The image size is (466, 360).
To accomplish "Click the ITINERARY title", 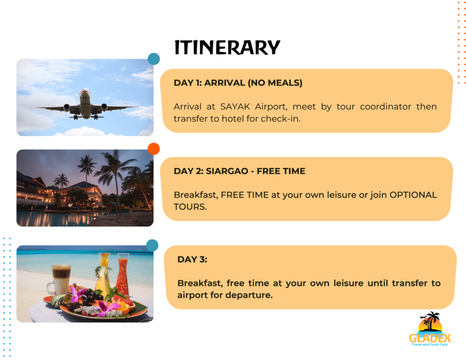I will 227,48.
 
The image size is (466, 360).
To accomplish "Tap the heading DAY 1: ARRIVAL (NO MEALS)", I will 238,83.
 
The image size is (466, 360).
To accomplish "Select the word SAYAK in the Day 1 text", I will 236,107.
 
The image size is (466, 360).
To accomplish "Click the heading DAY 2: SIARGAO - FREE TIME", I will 239,171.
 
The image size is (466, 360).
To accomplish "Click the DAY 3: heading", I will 192,259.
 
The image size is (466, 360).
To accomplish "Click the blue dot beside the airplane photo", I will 154,59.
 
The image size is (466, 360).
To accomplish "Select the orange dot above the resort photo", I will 154,149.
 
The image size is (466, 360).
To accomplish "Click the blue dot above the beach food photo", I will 152,245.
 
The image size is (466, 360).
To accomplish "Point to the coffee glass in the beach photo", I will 61,279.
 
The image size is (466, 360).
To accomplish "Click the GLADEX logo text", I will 430,338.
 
